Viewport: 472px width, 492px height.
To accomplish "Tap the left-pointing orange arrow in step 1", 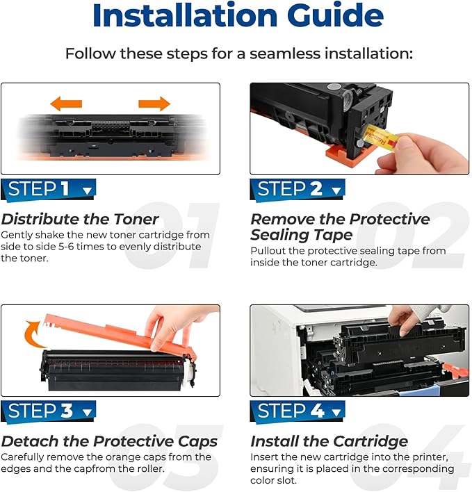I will (x=66, y=104).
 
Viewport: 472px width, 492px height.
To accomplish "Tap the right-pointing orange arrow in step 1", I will (x=154, y=104).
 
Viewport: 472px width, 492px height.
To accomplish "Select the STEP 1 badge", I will (x=48, y=190).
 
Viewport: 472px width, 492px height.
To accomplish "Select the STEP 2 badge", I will (x=298, y=190).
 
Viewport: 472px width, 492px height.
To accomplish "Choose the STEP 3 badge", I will (x=48, y=411).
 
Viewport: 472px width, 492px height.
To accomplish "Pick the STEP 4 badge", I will (x=298, y=411).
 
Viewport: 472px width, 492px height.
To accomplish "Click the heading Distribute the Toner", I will (x=80, y=220).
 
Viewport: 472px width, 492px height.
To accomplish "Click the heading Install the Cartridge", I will (x=329, y=441).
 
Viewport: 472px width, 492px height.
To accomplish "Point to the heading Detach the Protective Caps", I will (x=109, y=441).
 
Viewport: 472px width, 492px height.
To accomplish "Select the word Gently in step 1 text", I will (x=17, y=236).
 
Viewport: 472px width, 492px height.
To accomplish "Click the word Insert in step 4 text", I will (x=265, y=457).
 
